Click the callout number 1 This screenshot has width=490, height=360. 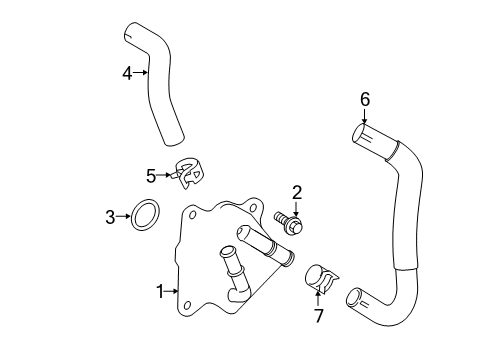tap(159, 291)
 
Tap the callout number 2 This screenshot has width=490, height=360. tap(297, 192)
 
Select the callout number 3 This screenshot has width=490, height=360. tap(111, 214)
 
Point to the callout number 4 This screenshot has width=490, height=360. tap(127, 72)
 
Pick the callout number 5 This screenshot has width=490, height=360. tap(151, 176)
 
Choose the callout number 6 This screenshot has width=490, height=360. tap(365, 98)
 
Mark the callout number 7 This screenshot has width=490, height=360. tap(320, 316)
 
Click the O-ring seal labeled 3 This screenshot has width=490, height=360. tap(145, 214)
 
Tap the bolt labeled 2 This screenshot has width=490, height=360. tap(290, 222)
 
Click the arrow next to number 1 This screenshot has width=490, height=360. tap(172, 291)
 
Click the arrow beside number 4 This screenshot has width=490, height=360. tap(141, 72)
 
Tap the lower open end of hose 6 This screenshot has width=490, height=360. tap(353, 297)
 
